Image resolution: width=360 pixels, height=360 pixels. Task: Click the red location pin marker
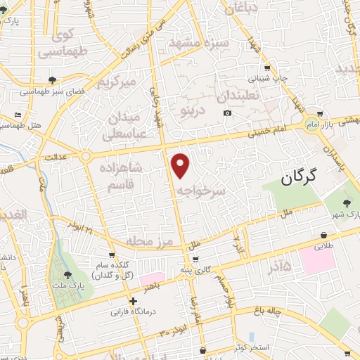point(181,165)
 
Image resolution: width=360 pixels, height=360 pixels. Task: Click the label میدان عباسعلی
point(124,124)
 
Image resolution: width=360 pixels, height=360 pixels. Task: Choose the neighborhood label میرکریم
point(114,83)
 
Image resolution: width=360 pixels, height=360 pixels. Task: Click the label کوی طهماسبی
point(54,43)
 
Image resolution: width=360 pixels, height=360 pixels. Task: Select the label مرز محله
point(149,241)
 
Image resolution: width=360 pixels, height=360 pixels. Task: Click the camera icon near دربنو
point(227,113)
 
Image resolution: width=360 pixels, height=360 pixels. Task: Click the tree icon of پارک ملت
point(68,276)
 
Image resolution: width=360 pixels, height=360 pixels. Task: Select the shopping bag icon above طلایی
point(323,235)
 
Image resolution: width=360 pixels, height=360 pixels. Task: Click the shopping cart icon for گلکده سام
point(112,255)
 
